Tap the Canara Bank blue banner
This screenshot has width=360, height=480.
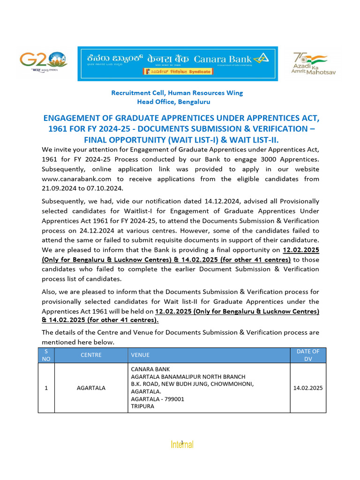pyautogui.click(x=177, y=63)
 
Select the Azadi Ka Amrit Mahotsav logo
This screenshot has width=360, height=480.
pyautogui.click(x=314, y=63)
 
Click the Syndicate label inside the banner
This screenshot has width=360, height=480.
pyautogui.click(x=177, y=72)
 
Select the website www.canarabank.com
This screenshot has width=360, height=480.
pyautogui.click(x=76, y=179)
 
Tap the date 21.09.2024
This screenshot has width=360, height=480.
pyautogui.click(x=59, y=188)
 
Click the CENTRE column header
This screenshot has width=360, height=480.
pyautogui.click(x=91, y=355)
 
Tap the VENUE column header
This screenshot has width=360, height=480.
pyautogui.click(x=140, y=355)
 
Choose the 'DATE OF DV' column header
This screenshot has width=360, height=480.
pyautogui.click(x=308, y=355)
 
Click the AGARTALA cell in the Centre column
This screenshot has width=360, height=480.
pyautogui.click(x=91, y=388)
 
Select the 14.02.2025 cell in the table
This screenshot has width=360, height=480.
pyautogui.click(x=308, y=388)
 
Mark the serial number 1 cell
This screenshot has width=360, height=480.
pyautogui.click(x=46, y=388)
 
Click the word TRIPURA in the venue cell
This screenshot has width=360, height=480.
pyautogui.click(x=143, y=407)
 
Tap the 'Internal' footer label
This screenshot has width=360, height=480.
pyautogui.click(x=182, y=444)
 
